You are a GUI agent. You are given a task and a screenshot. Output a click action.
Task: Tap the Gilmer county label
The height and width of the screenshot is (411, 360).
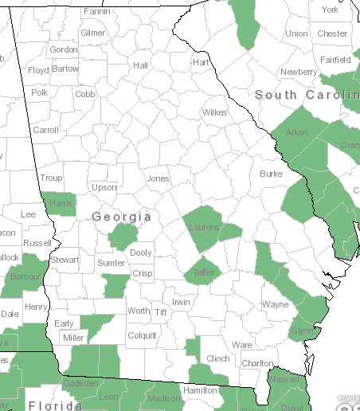pyautogui.click(x=92, y=33)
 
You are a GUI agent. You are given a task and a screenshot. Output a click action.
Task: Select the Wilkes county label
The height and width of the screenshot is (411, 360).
pyautogui.click(x=214, y=112)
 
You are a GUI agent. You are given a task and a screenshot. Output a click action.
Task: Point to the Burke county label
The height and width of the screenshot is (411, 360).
pyautogui.click(x=271, y=173)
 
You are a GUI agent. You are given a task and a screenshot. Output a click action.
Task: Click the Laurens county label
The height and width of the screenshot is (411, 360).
pyautogui.click(x=205, y=228)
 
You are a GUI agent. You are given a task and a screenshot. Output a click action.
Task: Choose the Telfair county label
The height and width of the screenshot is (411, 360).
pyautogui.click(x=205, y=272)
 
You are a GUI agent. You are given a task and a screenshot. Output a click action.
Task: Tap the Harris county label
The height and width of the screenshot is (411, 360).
pyautogui.click(x=61, y=203)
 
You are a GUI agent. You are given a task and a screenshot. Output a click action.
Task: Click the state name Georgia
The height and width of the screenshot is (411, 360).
pyautogui.click(x=121, y=217)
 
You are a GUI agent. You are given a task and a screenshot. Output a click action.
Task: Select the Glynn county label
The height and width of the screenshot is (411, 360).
pyautogui.click(x=303, y=331)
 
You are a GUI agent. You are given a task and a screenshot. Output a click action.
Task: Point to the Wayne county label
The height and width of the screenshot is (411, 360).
pyautogui.click(x=276, y=304)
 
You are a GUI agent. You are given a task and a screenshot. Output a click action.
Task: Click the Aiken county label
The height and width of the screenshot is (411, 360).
pyautogui.click(x=296, y=132)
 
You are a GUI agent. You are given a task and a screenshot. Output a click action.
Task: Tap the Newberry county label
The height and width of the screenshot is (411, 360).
pyautogui.click(x=299, y=72)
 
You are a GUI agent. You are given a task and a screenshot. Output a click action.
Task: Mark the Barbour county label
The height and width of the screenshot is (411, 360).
pyautogui.click(x=25, y=277)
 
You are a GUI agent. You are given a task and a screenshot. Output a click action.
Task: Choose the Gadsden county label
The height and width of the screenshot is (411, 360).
pyautogui.click(x=82, y=384)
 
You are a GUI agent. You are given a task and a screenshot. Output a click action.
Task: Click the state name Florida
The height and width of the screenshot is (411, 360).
pyautogui.click(x=55, y=405)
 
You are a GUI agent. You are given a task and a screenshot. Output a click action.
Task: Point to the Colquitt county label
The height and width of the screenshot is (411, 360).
pyautogui.click(x=142, y=335)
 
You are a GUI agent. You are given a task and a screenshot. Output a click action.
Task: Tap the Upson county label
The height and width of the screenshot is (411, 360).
pyautogui.click(x=104, y=188)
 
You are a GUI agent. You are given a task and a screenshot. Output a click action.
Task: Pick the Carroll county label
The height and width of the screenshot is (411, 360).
pyautogui.click(x=45, y=130)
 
